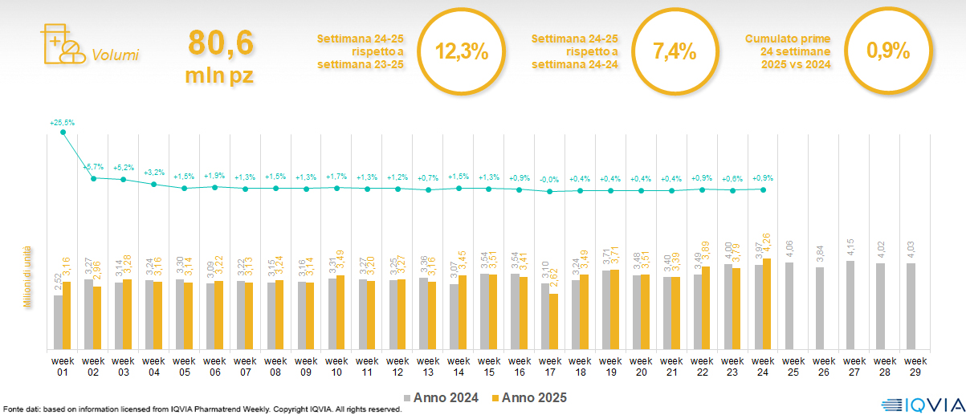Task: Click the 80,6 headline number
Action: (220, 43)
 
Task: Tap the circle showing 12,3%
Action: (462, 51)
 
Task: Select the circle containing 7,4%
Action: (675, 51)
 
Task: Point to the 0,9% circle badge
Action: (888, 51)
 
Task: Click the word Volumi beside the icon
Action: (115, 55)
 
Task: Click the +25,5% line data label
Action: (62, 123)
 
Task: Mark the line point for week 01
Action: (63, 132)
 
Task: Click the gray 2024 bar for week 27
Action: (850, 305)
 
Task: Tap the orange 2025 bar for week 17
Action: (554, 321)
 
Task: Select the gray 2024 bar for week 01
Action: (58, 322)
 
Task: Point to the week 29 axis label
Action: (911, 366)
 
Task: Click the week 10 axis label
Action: (336, 366)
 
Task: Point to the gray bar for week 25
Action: (789, 306)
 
